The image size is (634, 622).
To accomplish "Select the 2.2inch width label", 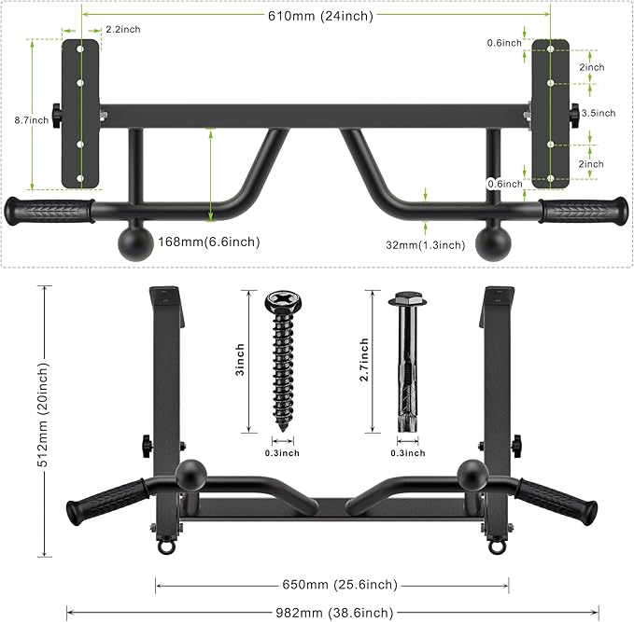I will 123,30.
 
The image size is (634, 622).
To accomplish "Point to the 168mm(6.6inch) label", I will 209,242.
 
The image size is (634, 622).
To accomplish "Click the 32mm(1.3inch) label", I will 426,245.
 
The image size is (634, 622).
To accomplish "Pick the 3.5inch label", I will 599,113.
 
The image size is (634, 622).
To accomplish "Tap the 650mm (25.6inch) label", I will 331,586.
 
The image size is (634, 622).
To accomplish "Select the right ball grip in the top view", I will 493,242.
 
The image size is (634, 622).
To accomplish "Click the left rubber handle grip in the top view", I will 50,210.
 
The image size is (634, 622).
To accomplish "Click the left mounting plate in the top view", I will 80,112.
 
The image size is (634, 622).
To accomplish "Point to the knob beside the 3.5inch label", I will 572,114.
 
